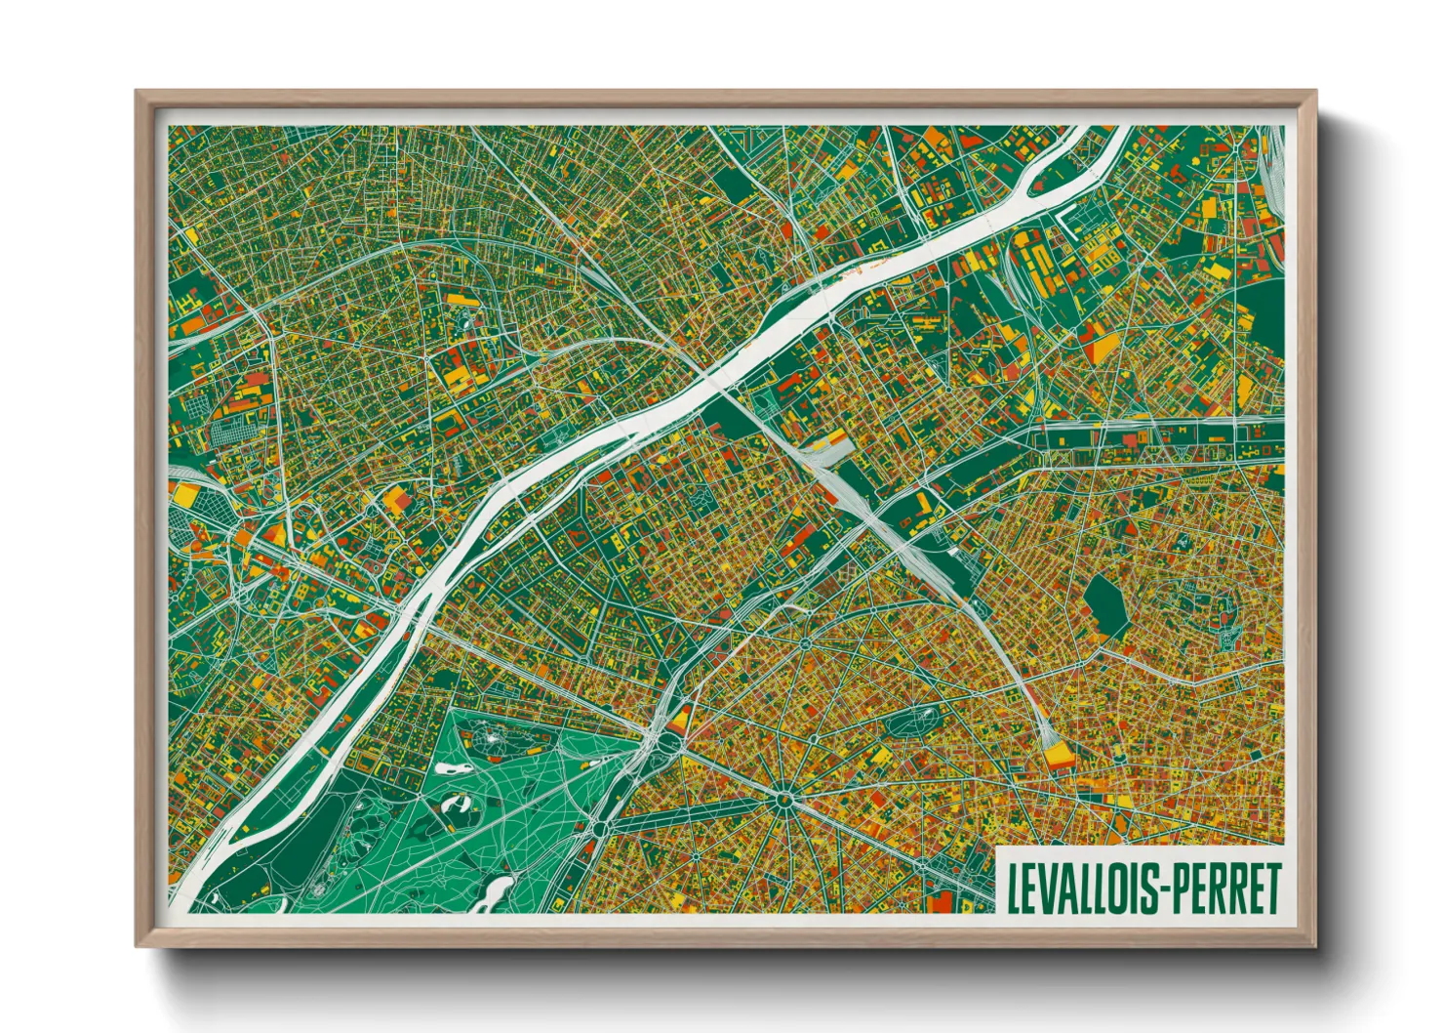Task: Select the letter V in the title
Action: [x=1043, y=888]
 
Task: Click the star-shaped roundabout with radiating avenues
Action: [x=782, y=799]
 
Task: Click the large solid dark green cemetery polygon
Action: [x=1105, y=603]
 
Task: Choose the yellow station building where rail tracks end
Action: [x=1056, y=754]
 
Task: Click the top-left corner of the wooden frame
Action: [x=138, y=93]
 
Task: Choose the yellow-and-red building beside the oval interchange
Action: [x=682, y=717]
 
